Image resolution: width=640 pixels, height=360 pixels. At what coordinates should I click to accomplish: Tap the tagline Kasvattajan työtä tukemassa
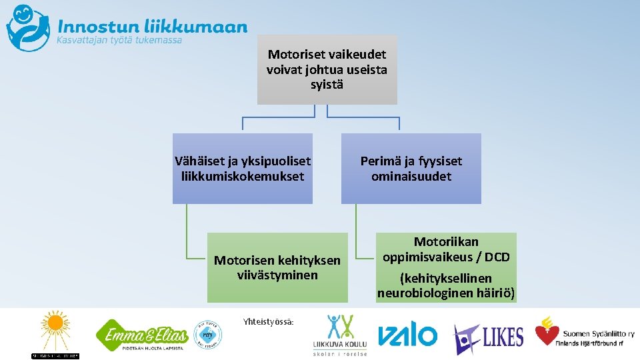[x=119, y=41]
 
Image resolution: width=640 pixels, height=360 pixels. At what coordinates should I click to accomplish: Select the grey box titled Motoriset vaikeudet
[x=327, y=69]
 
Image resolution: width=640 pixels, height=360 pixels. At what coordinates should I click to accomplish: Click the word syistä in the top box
[x=327, y=85]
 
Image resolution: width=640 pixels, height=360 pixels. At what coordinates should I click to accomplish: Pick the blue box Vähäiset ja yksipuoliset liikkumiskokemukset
[x=242, y=169]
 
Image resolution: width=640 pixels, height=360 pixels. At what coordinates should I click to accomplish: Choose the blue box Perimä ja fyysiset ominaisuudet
[x=411, y=169]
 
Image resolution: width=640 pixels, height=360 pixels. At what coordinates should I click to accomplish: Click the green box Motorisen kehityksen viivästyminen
[x=277, y=267]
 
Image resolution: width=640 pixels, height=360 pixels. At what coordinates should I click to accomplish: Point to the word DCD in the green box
[x=497, y=257]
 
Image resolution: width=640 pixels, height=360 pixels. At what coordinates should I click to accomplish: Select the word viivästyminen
[x=277, y=275]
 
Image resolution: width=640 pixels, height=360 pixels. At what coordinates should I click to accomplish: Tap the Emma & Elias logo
[x=141, y=333]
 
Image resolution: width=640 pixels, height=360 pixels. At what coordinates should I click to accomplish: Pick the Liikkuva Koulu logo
[x=339, y=333]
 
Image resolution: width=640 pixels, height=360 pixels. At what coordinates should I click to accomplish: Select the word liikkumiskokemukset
[x=242, y=177]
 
